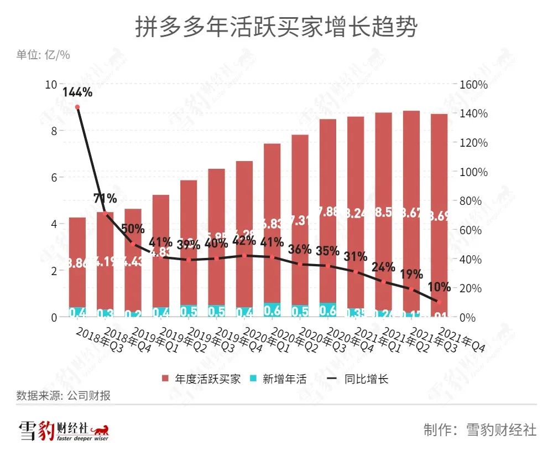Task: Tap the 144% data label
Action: (x=77, y=92)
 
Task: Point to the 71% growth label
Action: (x=105, y=198)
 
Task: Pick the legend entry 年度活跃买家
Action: (x=202, y=379)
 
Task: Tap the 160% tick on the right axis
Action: (x=473, y=85)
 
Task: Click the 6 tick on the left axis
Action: (x=54, y=178)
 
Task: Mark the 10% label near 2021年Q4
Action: (x=439, y=287)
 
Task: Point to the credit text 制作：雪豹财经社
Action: (x=479, y=430)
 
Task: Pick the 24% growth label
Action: (x=383, y=267)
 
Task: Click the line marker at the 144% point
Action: (x=77, y=107)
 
